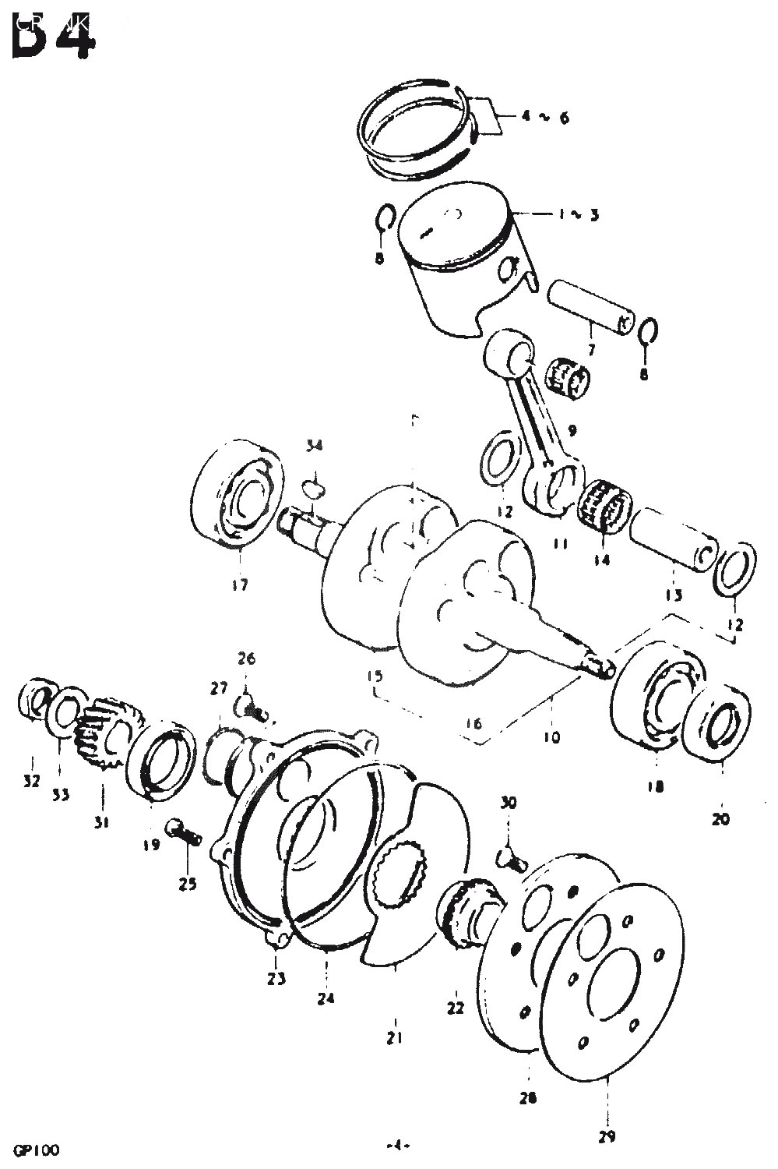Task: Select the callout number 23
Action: point(277,978)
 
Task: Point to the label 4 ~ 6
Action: point(545,118)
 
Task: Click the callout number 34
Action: point(314,446)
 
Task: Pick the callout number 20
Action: point(721,819)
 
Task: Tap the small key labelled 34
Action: point(313,488)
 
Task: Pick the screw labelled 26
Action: point(250,708)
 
